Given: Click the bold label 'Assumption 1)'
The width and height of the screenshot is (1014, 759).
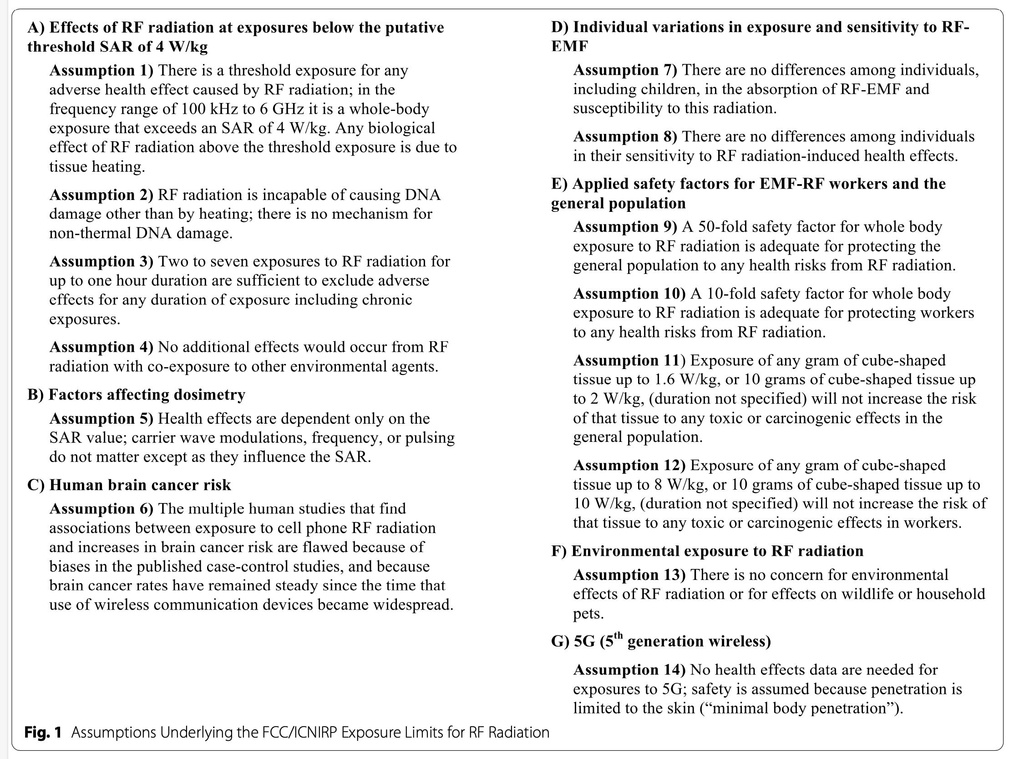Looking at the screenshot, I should (101, 71).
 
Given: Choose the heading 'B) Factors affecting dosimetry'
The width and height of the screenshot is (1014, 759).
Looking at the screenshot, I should (136, 395).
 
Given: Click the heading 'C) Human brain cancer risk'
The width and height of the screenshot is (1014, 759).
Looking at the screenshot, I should (129, 485).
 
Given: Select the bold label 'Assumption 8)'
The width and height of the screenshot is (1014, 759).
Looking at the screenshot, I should (625, 137).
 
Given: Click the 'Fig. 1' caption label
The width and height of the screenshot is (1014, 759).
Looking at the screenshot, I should (43, 733).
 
